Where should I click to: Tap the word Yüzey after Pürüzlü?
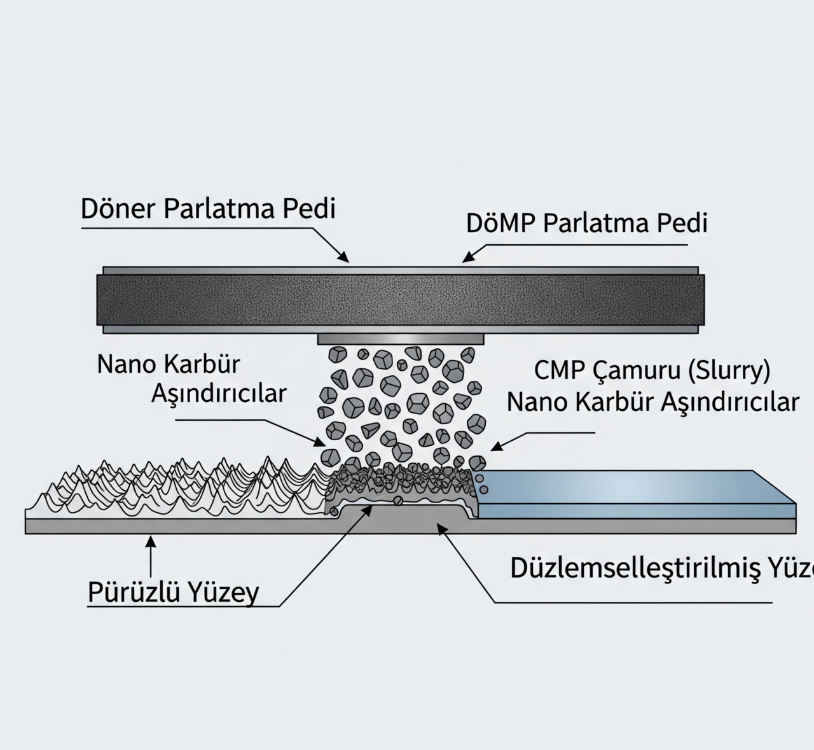coord(222,593)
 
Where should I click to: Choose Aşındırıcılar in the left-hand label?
coord(219,394)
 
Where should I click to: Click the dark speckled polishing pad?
coord(401,299)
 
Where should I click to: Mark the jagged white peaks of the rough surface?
coord(172,487)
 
